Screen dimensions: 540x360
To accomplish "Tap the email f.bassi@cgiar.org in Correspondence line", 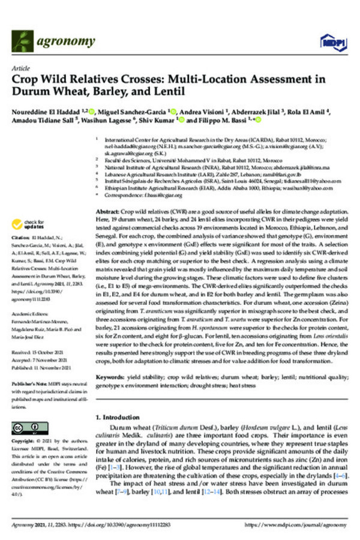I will point(158,195).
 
